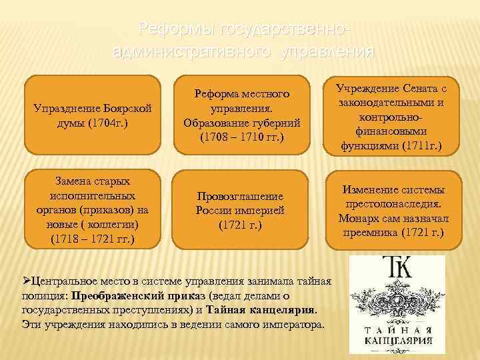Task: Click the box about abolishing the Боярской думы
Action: point(91,114)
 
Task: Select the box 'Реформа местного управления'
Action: point(240,114)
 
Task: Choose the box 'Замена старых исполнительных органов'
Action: point(91,210)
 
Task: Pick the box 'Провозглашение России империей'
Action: point(240,210)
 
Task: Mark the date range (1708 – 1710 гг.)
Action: point(241,138)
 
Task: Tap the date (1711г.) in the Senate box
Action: point(418,145)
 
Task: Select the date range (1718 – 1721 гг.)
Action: point(91,238)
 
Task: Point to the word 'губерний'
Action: point(275,123)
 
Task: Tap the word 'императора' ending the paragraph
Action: point(295,325)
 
